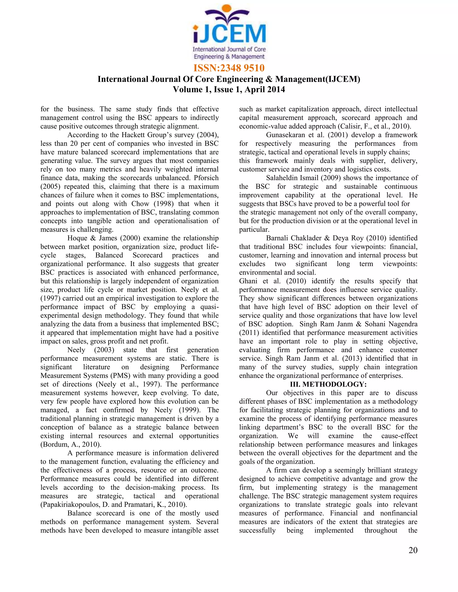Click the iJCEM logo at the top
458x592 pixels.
229,33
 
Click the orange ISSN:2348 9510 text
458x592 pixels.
229,68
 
